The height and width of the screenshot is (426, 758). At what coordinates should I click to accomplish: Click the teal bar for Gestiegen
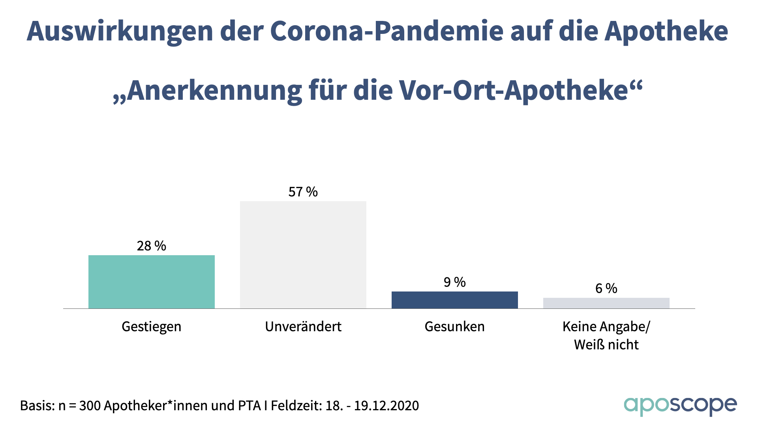152,282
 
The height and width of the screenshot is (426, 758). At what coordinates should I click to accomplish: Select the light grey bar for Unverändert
303,255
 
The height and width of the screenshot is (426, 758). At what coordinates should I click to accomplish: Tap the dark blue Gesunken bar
455,300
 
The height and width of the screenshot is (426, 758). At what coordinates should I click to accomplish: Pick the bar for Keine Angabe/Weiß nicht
606,303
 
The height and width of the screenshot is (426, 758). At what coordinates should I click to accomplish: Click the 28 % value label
152,246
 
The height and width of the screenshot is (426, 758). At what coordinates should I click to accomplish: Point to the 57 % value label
303,192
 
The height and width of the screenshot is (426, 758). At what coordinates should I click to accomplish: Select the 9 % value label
455,282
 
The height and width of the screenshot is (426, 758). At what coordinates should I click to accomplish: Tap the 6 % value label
606,288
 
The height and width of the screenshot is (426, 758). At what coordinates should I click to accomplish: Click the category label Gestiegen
152,327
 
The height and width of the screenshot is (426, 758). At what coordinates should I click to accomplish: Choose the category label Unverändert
303,327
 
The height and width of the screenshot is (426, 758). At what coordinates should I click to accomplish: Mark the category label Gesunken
455,327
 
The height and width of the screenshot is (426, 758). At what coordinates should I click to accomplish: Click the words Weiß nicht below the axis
606,345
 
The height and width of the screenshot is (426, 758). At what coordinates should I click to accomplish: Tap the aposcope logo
680,405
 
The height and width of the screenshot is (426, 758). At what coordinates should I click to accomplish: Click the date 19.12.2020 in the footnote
386,405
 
